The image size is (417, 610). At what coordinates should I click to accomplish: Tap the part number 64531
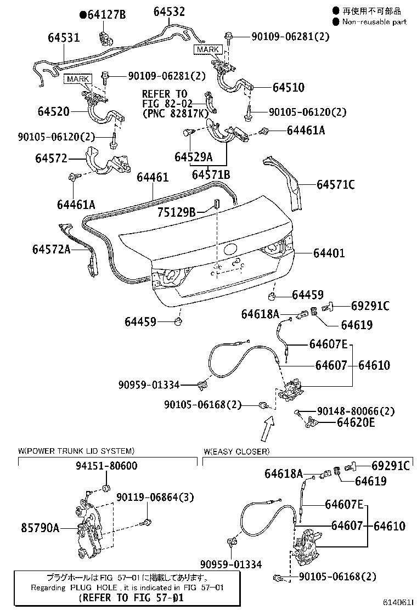(x=64, y=38)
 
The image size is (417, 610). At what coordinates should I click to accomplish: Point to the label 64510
(x=288, y=87)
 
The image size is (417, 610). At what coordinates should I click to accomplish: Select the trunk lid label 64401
(x=329, y=253)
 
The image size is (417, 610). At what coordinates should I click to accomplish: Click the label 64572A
(x=52, y=250)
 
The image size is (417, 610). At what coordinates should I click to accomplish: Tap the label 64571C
(x=335, y=184)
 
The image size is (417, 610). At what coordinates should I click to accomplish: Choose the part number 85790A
(x=40, y=528)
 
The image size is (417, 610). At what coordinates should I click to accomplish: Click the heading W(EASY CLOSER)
(x=236, y=451)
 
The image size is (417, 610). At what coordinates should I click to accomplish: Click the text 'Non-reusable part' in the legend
(x=374, y=21)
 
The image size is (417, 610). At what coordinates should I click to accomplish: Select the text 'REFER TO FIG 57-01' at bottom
(x=130, y=597)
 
